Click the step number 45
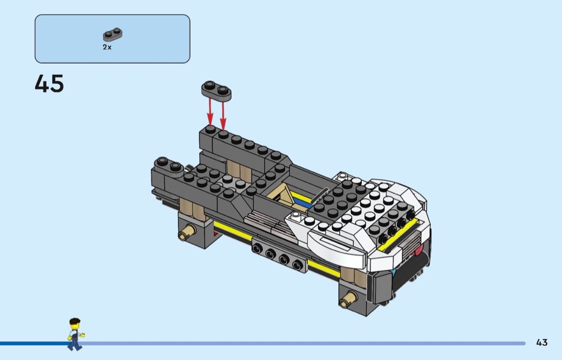pyautogui.click(x=49, y=84)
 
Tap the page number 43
pyautogui.click(x=542, y=342)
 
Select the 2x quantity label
pyautogui.click(x=107, y=47)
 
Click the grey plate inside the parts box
pyautogui.click(x=112, y=35)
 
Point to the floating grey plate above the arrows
pyautogui.click(x=216, y=90)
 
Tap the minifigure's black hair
pyautogui.click(x=74, y=321)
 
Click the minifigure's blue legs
pyautogui.click(x=74, y=344)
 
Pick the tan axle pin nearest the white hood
pyautogui.click(x=347, y=298)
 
